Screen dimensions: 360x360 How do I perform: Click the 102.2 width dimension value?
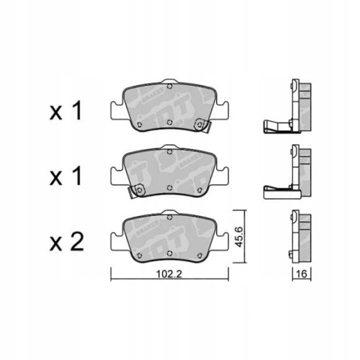(x=167, y=274)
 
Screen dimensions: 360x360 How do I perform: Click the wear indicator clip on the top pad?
(x=204, y=127)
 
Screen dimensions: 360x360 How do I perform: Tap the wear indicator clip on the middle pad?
(x=133, y=191)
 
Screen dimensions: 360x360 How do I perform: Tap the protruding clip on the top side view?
(x=274, y=130)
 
